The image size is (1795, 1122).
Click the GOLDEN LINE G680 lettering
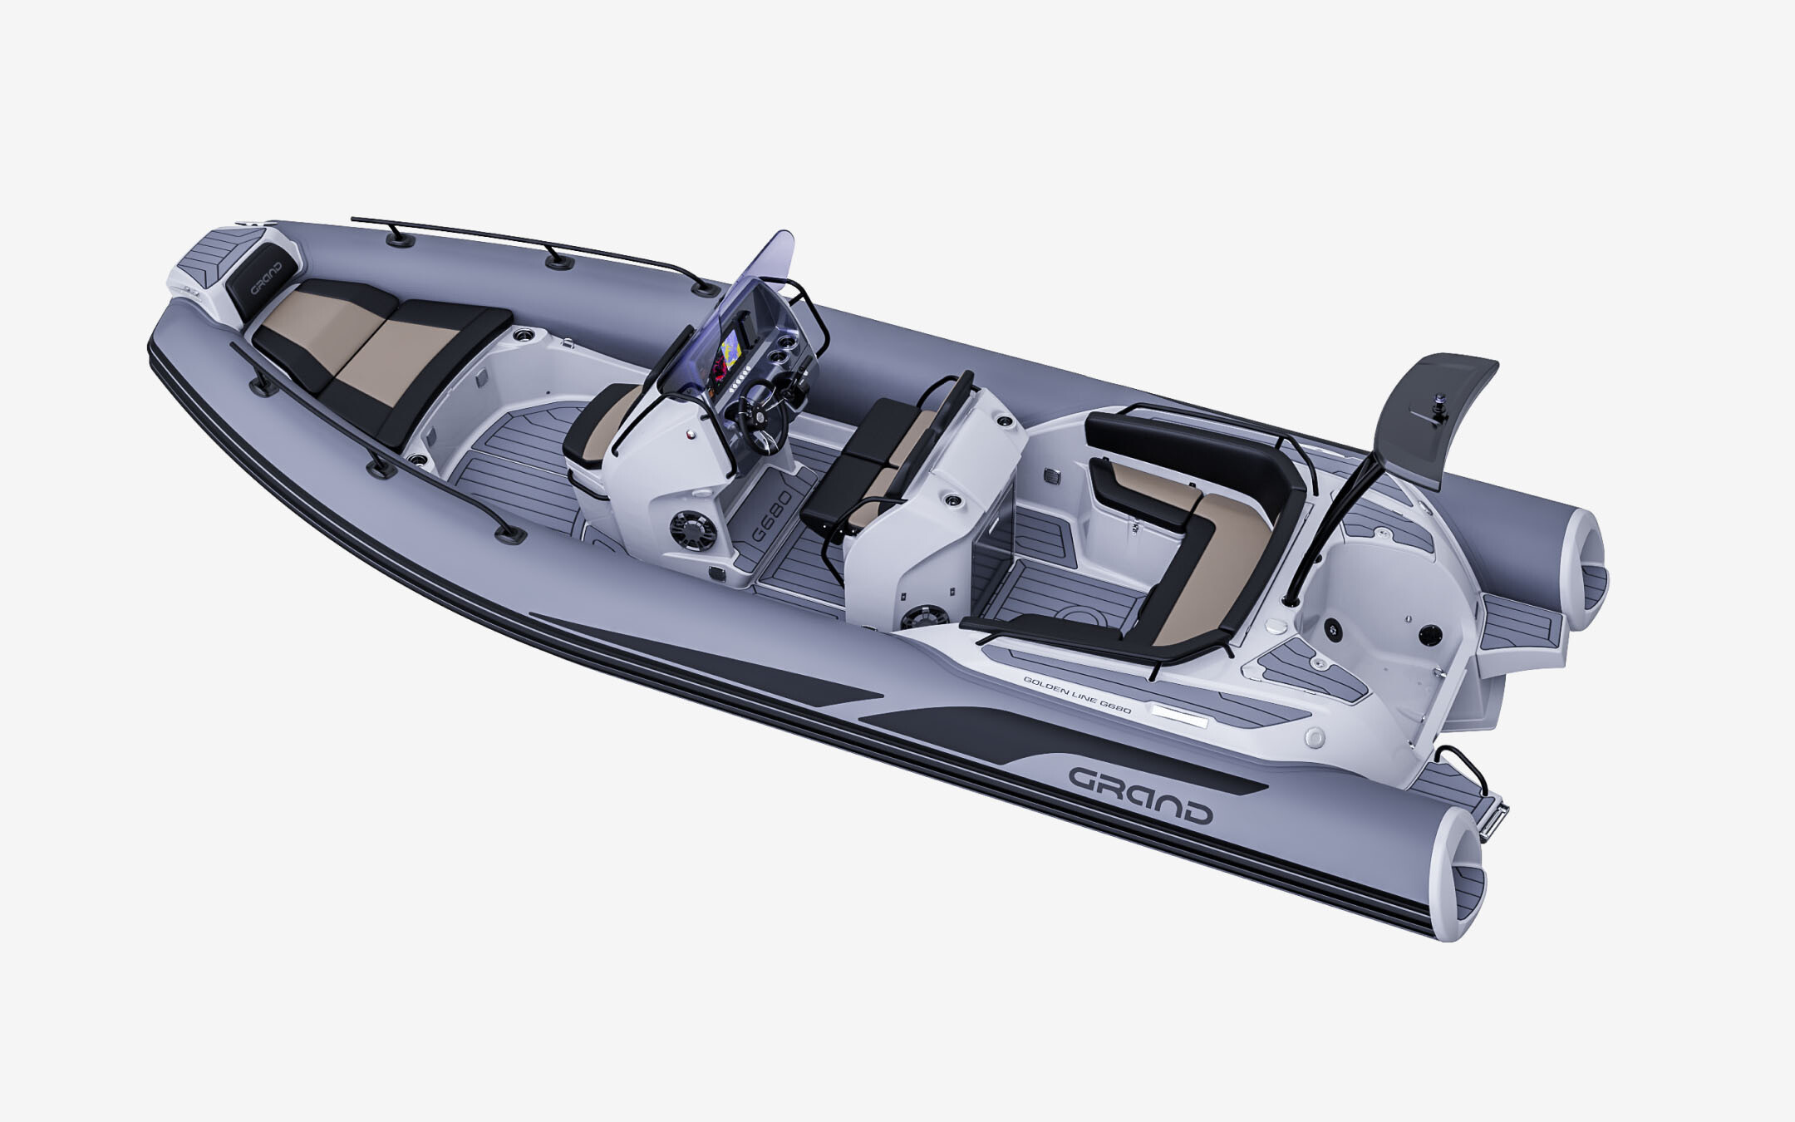(1076, 691)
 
